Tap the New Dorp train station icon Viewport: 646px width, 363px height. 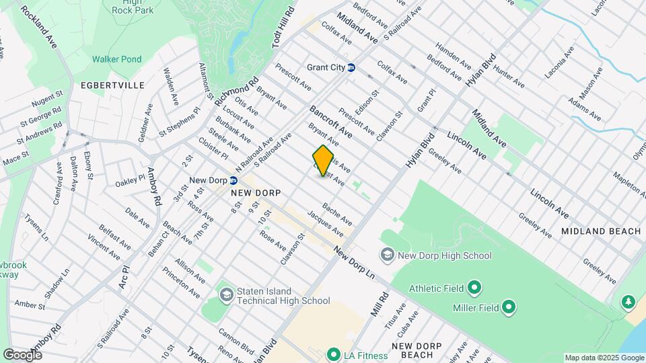coord(233,180)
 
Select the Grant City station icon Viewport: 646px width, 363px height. coord(351,67)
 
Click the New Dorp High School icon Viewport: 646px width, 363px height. coord(387,255)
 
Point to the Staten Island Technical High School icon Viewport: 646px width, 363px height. coord(226,294)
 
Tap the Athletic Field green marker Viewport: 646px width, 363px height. coord(474,288)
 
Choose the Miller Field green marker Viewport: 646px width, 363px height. coord(509,307)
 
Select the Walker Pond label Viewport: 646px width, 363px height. coord(117,59)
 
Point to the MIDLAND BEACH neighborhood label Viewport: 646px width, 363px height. coord(602,231)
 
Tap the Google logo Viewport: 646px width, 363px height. coord(22,354)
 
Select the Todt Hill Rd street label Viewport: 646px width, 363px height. coord(285,27)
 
